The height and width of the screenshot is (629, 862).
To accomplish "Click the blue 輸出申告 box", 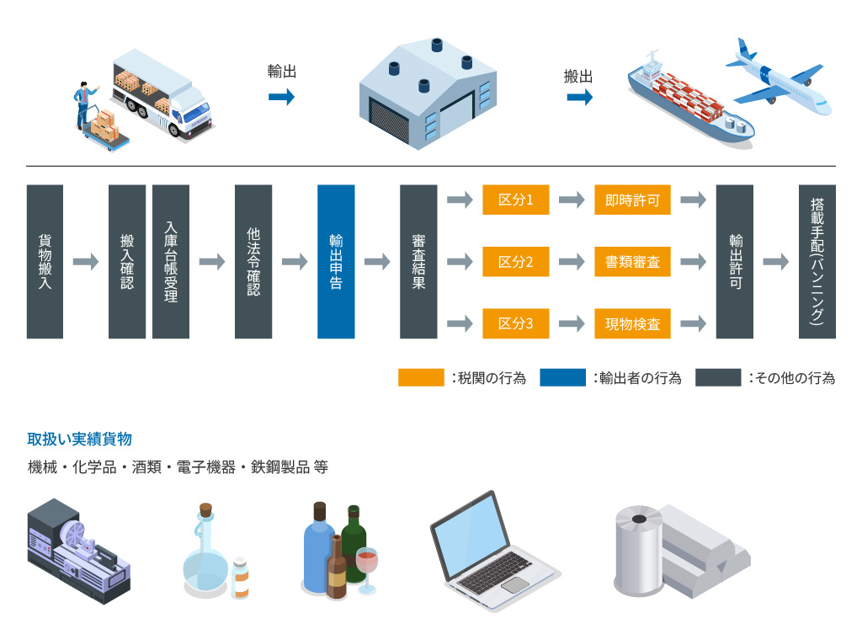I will click(x=336, y=262).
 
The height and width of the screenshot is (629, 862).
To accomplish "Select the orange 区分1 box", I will click(x=516, y=200).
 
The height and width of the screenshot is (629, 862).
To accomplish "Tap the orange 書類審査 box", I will click(x=632, y=262).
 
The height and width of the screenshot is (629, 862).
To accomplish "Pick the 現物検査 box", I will click(x=632, y=323).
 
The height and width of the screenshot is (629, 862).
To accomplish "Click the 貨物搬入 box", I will click(x=45, y=262).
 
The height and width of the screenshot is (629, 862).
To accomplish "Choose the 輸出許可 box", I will click(x=734, y=262).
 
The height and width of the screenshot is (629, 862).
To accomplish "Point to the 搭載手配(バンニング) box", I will click(x=817, y=262).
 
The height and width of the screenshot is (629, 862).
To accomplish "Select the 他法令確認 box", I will click(x=253, y=262).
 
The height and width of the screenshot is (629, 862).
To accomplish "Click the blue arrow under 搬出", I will click(x=578, y=98).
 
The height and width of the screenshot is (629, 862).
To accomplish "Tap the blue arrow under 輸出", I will click(x=281, y=98).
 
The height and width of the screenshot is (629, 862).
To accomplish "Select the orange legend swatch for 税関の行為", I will click(x=421, y=378).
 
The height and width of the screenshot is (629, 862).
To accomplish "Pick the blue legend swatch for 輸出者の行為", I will click(x=562, y=378).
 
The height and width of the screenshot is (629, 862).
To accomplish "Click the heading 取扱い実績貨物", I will click(x=79, y=439).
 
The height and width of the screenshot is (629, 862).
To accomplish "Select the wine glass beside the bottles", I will click(x=368, y=565).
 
